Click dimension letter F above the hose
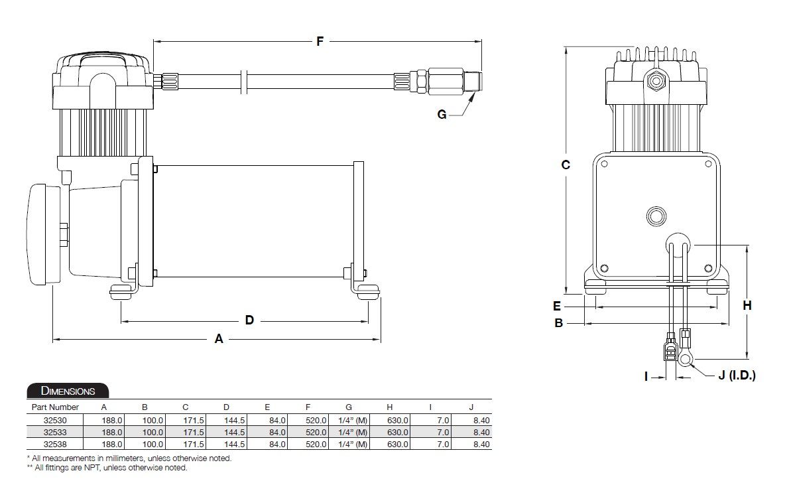click(x=320, y=41)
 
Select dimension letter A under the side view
click(x=219, y=339)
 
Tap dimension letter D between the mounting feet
click(x=249, y=320)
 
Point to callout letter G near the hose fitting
click(x=442, y=114)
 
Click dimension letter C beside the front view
click(x=566, y=164)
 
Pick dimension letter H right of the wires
click(x=747, y=305)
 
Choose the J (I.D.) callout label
click(x=737, y=375)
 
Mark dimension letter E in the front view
click(x=557, y=306)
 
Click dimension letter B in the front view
click(x=558, y=323)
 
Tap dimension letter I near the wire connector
click(x=646, y=376)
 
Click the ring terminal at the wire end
click(x=686, y=359)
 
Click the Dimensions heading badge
click(x=68, y=391)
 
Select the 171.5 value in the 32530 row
click(x=194, y=420)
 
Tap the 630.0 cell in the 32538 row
click(x=398, y=444)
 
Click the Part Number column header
click(x=55, y=407)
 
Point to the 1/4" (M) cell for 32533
click(x=352, y=432)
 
